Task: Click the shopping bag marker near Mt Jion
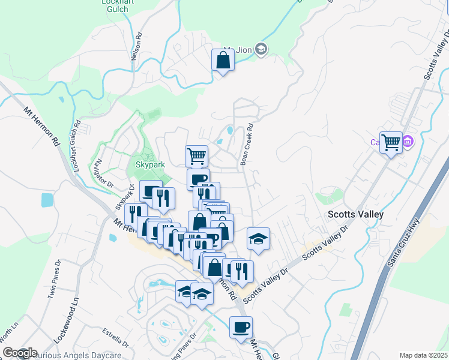[x=223, y=61]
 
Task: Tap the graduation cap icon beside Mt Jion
[x=261, y=49]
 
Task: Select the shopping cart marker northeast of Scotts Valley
[x=391, y=143]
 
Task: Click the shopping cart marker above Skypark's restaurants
[x=197, y=157]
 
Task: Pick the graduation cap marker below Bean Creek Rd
[x=258, y=239]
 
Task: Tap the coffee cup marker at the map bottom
[x=241, y=328]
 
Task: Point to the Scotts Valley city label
[x=355, y=214]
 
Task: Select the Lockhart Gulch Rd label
[x=77, y=147]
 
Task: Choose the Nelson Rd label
[x=139, y=45]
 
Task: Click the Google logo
[x=19, y=353]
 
